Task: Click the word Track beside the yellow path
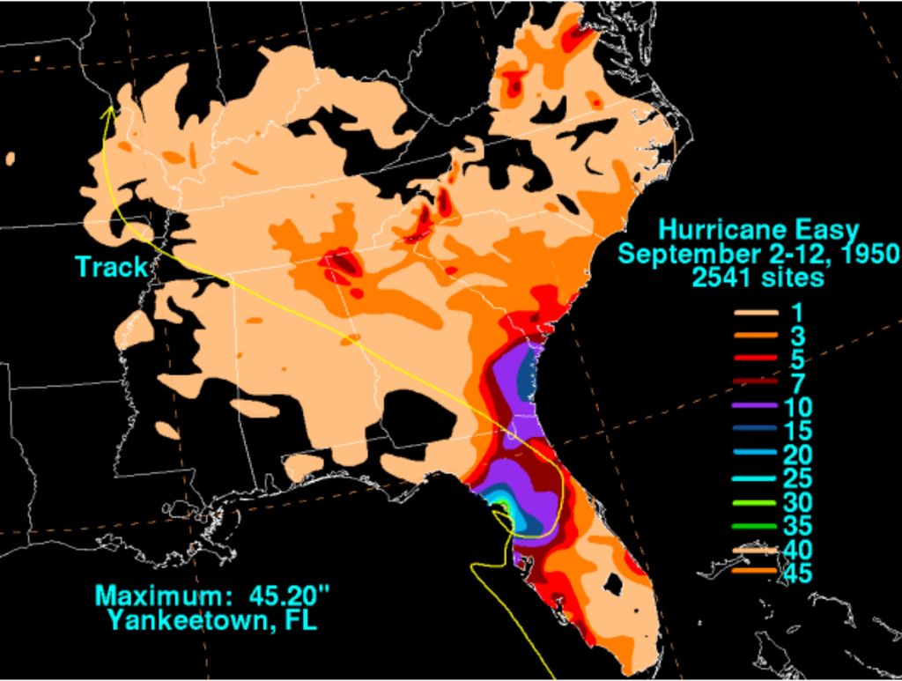112,267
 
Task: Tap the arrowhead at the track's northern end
109,112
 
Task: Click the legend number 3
798,335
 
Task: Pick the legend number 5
798,359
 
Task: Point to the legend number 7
798,382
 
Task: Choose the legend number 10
803,406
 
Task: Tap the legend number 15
803,430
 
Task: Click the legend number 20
803,455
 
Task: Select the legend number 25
803,478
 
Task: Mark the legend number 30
803,502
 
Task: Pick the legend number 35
803,526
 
